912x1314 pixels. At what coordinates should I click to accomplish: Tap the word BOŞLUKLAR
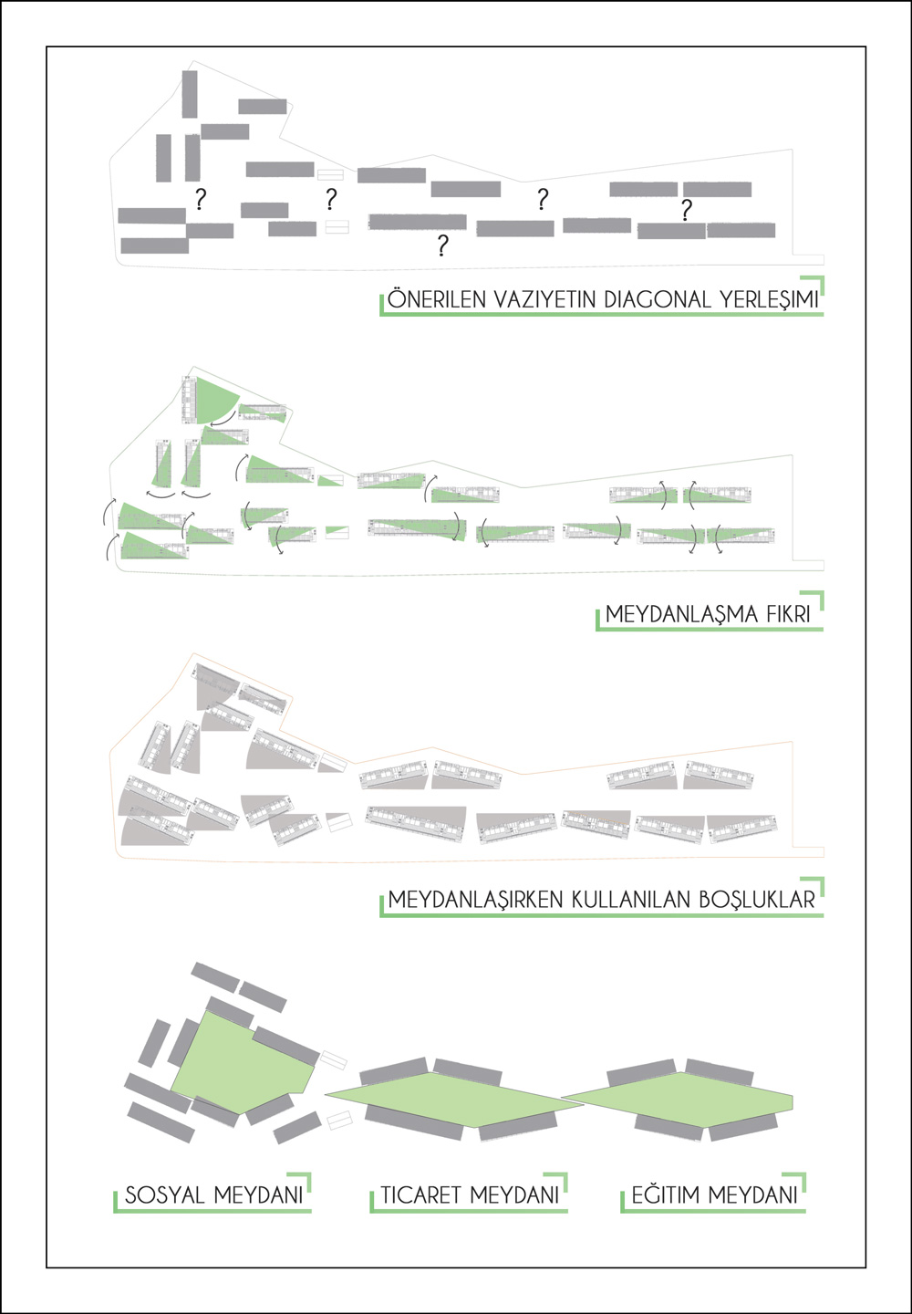[x=757, y=900]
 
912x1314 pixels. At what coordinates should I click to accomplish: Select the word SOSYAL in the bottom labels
[x=165, y=1195]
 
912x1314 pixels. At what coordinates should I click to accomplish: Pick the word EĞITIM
[x=665, y=1195]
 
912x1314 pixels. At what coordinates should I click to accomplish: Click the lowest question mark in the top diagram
[x=442, y=245]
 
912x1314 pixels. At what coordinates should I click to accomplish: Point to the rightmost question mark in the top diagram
[x=686, y=210]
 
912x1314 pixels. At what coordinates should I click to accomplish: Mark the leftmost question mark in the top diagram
[x=201, y=200]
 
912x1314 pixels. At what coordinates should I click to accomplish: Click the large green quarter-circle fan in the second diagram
[x=214, y=400]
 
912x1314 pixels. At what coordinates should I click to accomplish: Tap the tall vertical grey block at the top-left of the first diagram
[x=190, y=95]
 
